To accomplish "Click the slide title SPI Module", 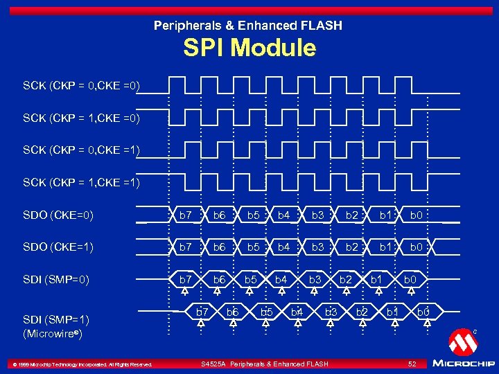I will point(249,48).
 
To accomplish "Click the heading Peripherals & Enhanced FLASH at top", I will point(248,26).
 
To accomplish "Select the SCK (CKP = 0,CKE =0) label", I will point(82,86).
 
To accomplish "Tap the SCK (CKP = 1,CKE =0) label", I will point(82,118).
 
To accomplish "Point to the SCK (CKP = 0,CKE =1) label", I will point(82,150).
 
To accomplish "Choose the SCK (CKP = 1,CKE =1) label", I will point(82,182).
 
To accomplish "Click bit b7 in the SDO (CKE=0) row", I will point(186,215).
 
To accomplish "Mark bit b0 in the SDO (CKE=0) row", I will point(416,215).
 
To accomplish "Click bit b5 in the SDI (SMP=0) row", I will point(251,280).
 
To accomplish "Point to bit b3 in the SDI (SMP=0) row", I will point(315,280).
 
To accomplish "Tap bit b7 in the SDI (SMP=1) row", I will point(202,312).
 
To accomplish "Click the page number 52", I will point(412,364).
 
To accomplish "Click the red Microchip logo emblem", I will point(462,341).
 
